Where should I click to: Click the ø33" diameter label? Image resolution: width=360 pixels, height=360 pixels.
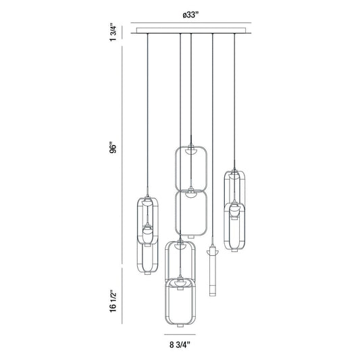[190, 15]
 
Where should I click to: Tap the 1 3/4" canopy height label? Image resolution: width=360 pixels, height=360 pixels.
[113, 32]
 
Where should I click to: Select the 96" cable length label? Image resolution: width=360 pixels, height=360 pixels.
[113, 149]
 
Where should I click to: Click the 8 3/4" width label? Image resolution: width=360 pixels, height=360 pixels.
[180, 344]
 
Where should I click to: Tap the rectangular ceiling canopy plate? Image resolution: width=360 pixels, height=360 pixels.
[191, 30]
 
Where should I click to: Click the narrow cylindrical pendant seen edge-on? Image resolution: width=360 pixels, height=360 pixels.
[212, 270]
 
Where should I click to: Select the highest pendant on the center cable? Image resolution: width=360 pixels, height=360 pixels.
[191, 168]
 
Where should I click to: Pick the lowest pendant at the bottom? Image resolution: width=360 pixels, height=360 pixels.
[180, 303]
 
